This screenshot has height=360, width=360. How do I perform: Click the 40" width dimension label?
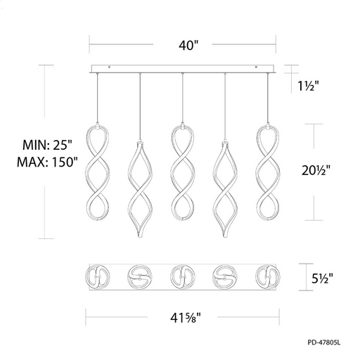(x=188, y=45)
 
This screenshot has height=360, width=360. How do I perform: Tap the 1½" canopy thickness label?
(x=308, y=86)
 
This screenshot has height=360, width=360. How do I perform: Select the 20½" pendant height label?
(x=316, y=170)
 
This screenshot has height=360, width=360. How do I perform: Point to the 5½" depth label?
(x=322, y=278)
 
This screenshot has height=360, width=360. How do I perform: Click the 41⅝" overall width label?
(x=186, y=318)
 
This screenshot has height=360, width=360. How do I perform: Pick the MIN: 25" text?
(x=48, y=145)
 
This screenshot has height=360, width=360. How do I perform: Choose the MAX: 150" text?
(x=47, y=162)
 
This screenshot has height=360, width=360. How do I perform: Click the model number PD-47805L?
(x=324, y=342)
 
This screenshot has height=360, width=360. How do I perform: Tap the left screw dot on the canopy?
(x=109, y=67)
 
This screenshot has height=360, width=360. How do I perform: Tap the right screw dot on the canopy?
(x=256, y=67)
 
